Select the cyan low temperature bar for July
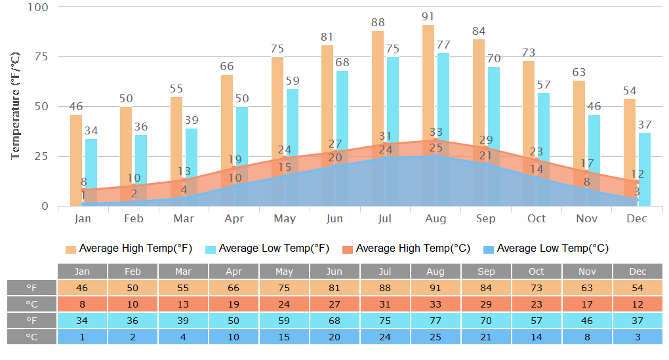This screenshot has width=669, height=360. [x=393, y=105]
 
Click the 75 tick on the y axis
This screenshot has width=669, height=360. [x=41, y=56]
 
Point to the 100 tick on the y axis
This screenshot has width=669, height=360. [x=38, y=7]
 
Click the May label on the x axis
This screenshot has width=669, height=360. [x=285, y=218]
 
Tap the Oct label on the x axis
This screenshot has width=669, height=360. [x=537, y=218]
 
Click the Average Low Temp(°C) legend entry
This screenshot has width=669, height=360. [x=546, y=249]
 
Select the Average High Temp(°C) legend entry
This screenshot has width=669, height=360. [x=407, y=249]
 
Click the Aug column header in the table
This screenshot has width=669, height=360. [x=436, y=271]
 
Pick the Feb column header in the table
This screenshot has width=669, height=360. [x=132, y=271]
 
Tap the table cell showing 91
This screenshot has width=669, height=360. [x=436, y=288]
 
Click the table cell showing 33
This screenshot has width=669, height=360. [x=436, y=304]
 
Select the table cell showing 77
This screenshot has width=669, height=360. [x=436, y=321]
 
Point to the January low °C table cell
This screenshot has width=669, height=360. [x=82, y=336]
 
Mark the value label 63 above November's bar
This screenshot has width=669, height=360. [x=578, y=73]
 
